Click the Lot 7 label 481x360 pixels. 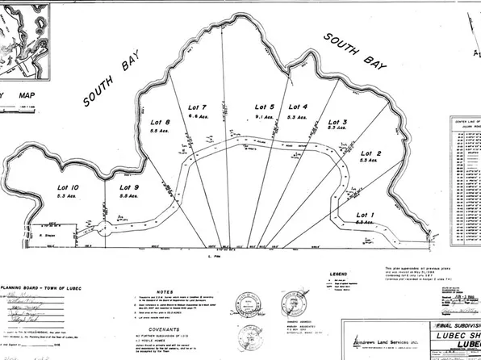(x=197, y=107)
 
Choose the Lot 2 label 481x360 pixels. (x=370, y=153)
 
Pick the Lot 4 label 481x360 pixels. (x=298, y=107)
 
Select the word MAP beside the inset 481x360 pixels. (x=31, y=100)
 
